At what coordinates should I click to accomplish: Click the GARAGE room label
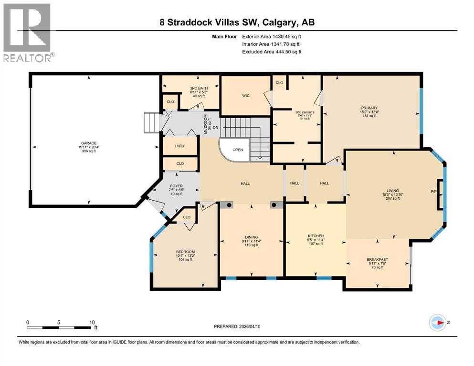pyautogui.click(x=88, y=141)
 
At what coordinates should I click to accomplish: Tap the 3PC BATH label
pyautogui.click(x=196, y=87)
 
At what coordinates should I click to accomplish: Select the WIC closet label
pyautogui.click(x=246, y=96)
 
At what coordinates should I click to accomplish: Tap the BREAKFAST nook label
pyautogui.click(x=377, y=260)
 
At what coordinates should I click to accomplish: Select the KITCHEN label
pyautogui.click(x=316, y=236)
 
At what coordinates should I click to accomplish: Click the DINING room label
pyautogui.click(x=251, y=237)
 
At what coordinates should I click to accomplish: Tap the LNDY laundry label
pyautogui.click(x=179, y=146)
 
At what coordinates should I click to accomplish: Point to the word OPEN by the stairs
pyautogui.click(x=238, y=150)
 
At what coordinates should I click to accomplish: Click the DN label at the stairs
pyautogui.click(x=216, y=127)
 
